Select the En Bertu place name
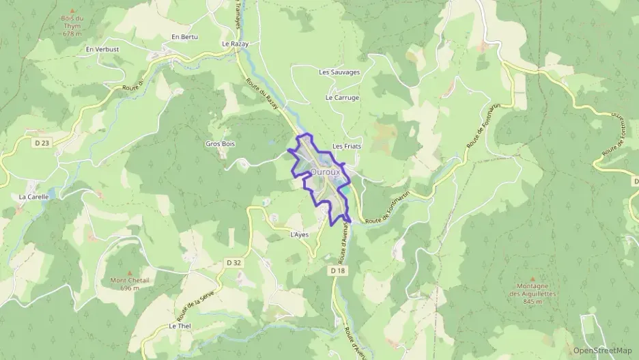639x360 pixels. pos(184,37)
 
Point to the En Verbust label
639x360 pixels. pos(102,49)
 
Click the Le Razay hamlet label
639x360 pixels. pos(236,43)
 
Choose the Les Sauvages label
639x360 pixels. pos(339,72)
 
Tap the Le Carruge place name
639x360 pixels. pos(342,98)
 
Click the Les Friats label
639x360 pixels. pos(346,146)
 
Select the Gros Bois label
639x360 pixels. pos(221,144)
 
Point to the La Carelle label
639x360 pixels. pos(33,197)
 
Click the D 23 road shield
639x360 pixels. pos(41,143)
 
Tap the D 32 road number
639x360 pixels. pos(233,262)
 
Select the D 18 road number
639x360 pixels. pos(337,271)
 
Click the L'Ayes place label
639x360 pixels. pos(300,234)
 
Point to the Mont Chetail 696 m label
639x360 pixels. pos(129,283)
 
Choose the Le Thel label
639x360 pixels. pos(180,326)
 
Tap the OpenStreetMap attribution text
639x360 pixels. pos(602,350)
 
